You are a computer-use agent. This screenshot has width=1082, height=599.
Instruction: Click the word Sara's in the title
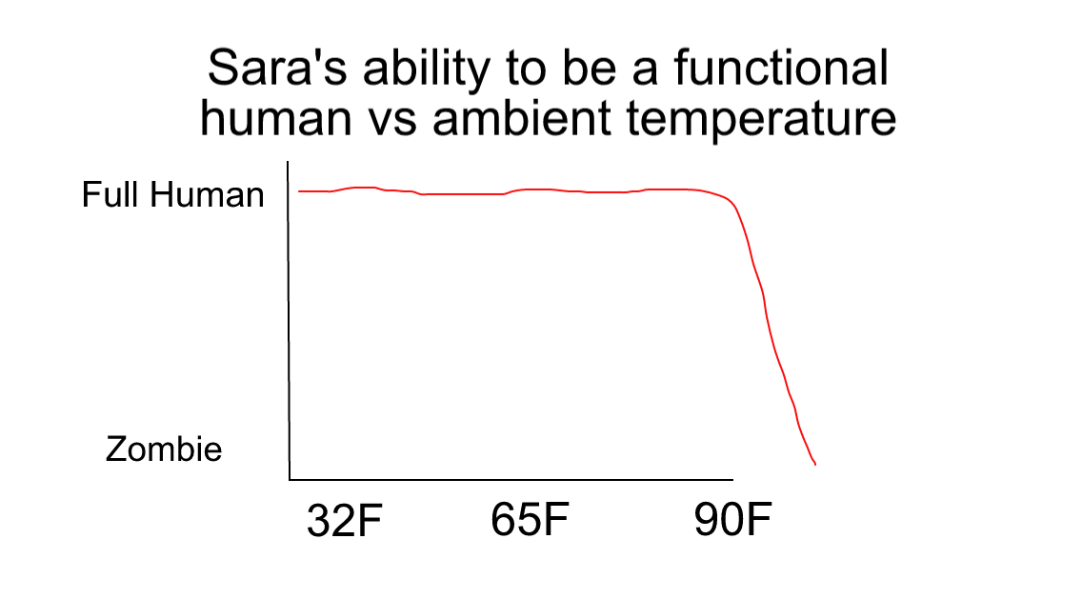pyautogui.click(x=277, y=69)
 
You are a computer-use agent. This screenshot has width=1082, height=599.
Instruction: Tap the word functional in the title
pyautogui.click(x=781, y=68)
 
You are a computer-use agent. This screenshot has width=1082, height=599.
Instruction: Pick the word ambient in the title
pyautogui.click(x=522, y=117)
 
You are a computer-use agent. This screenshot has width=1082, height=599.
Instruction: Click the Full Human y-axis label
pyautogui.click(x=173, y=194)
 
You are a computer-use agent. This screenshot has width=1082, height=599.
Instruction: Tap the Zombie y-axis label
pyautogui.click(x=164, y=449)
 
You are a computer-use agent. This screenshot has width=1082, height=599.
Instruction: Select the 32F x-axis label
pyautogui.click(x=345, y=520)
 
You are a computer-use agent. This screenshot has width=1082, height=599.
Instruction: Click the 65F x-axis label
pyautogui.click(x=530, y=519)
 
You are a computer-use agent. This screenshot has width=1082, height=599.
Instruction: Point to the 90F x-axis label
pyautogui.click(x=732, y=520)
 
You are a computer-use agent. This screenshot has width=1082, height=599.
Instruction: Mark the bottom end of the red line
pyautogui.click(x=815, y=465)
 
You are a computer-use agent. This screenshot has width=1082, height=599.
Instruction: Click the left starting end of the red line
pyautogui.click(x=299, y=191)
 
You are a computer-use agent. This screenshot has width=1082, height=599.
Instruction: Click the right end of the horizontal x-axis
pyautogui.click(x=732, y=479)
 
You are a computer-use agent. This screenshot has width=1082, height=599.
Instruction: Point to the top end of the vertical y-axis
pyautogui.click(x=288, y=162)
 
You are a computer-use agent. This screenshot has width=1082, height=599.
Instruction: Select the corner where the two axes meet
pyautogui.click(x=290, y=479)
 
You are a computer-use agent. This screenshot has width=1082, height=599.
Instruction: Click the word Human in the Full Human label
pyautogui.click(x=208, y=194)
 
